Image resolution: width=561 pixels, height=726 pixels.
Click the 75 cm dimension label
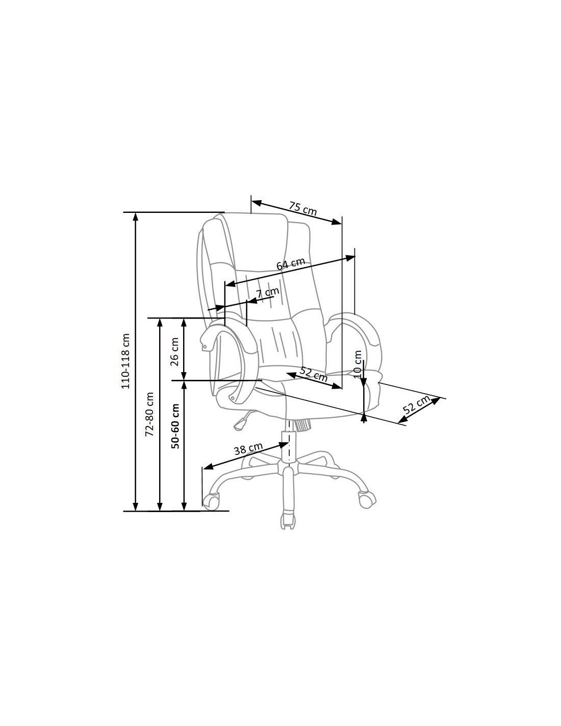click(302, 208)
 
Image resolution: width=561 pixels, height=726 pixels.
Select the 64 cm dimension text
click(291, 263)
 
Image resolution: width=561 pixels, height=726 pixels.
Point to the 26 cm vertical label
click(174, 351)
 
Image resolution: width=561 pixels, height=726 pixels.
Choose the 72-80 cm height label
click(149, 414)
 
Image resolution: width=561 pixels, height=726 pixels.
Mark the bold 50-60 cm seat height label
click(175, 426)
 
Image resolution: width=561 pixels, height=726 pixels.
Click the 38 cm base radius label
click(248, 449)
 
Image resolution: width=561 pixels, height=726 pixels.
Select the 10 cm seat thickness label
click(357, 364)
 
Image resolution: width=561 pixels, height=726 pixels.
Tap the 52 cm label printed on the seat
click(314, 374)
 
